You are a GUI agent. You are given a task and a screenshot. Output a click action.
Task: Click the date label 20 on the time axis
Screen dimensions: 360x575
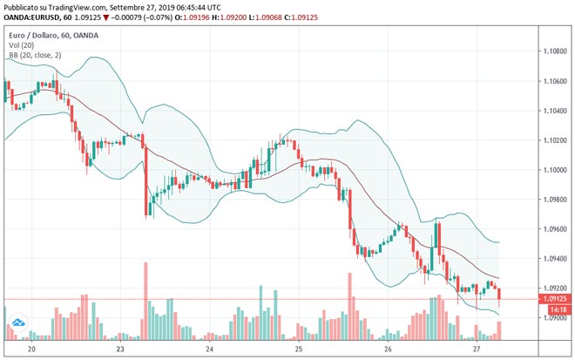(x=32, y=349)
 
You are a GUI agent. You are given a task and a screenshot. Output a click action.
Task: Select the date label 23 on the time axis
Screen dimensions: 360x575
(x=121, y=349)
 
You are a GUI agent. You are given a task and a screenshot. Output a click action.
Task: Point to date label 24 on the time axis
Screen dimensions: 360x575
(x=210, y=349)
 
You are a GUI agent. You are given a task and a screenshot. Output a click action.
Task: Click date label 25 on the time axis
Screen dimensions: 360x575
(x=299, y=349)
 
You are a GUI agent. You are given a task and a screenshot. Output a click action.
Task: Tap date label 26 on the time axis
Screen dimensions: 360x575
(x=388, y=349)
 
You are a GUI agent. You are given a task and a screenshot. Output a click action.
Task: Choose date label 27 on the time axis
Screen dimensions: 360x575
(x=477, y=349)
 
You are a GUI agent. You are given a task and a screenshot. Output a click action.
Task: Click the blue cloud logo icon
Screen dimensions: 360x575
(x=17, y=328)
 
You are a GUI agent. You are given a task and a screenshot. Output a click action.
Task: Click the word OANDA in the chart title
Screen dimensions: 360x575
(x=85, y=35)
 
